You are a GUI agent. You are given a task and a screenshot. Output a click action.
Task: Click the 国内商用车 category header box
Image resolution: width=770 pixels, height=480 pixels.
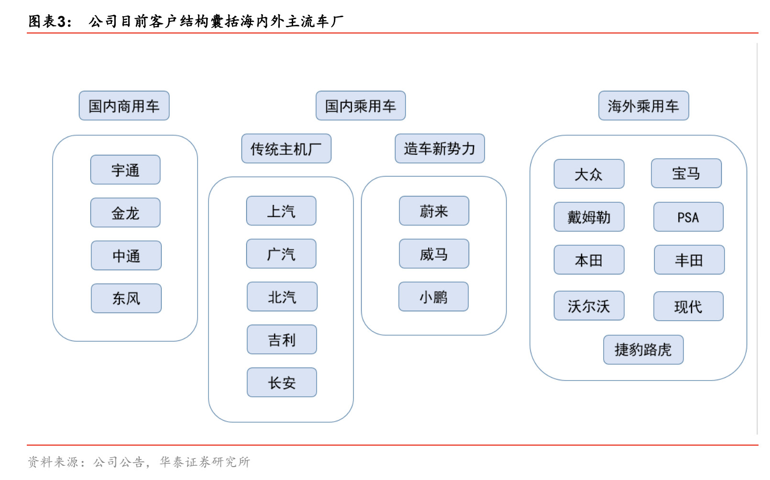[x=124, y=106]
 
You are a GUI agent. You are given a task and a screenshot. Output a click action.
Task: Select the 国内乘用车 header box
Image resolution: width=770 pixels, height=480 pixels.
[x=361, y=106]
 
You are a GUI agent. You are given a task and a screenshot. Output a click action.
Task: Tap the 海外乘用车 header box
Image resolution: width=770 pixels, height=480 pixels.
[x=644, y=106]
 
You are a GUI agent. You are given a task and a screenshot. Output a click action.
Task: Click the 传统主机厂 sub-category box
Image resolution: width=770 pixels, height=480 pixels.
[x=286, y=148]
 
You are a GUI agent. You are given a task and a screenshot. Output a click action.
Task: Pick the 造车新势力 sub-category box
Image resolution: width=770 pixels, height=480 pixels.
[x=440, y=148]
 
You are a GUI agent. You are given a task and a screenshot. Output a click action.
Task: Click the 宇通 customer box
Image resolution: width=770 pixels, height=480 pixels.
[x=125, y=170]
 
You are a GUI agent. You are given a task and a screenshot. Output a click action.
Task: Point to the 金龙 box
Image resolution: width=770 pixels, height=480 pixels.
[x=125, y=213]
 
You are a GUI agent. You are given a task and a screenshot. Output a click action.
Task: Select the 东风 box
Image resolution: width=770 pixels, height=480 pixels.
[x=126, y=298]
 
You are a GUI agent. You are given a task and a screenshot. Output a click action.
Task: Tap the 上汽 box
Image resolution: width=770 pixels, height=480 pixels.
[x=281, y=211]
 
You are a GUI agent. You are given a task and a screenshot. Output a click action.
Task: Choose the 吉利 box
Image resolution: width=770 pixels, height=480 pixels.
[x=282, y=339]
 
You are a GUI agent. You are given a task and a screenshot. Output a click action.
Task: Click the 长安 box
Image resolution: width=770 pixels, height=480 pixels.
[x=282, y=382]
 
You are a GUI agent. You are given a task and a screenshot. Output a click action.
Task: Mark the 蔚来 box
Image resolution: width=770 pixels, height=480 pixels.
[x=434, y=211]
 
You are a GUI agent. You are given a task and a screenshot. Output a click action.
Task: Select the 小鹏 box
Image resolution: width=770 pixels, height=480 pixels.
[x=433, y=296]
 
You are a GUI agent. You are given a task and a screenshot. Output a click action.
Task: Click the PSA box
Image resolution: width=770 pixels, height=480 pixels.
[x=689, y=217]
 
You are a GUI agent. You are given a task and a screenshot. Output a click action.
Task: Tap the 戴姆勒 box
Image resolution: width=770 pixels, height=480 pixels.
[x=589, y=217]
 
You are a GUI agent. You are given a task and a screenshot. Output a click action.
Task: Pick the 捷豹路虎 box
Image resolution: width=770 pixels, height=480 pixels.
[x=644, y=350]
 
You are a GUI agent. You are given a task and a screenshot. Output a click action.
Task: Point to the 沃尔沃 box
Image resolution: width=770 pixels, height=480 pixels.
[x=589, y=306]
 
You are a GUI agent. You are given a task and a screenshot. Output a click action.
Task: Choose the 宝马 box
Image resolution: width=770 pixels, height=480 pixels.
[x=686, y=173]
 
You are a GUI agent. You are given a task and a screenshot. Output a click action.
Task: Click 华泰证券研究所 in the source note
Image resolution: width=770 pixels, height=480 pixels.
[x=205, y=462]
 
